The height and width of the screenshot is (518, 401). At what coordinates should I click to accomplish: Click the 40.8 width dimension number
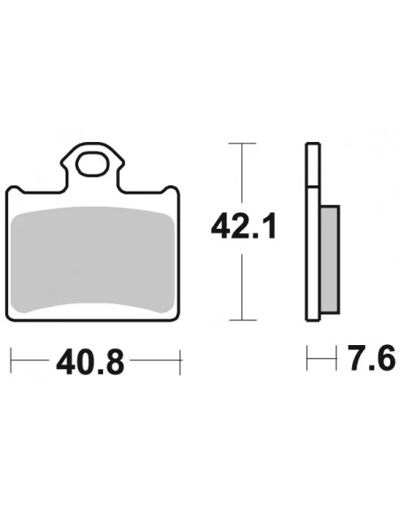pyautogui.click(x=90, y=362)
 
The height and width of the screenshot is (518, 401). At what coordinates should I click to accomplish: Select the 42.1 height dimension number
pyautogui.click(x=243, y=226)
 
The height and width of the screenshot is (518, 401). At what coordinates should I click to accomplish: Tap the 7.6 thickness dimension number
pyautogui.click(x=372, y=357)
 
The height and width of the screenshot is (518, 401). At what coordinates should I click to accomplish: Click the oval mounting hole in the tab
pyautogui.click(x=92, y=164)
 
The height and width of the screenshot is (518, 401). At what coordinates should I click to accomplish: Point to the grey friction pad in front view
pyautogui.click(x=92, y=259)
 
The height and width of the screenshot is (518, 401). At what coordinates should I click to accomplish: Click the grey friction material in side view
pyautogui.click(x=330, y=259)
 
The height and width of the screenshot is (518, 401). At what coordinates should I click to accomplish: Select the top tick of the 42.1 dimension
pyautogui.click(x=242, y=143)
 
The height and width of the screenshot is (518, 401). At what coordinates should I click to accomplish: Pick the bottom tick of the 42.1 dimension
pyautogui.click(x=243, y=320)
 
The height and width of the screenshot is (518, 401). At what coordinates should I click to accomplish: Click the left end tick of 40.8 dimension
pyautogui.click(x=11, y=360)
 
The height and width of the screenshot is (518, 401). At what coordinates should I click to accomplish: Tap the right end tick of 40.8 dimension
pyautogui.click(x=180, y=362)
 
